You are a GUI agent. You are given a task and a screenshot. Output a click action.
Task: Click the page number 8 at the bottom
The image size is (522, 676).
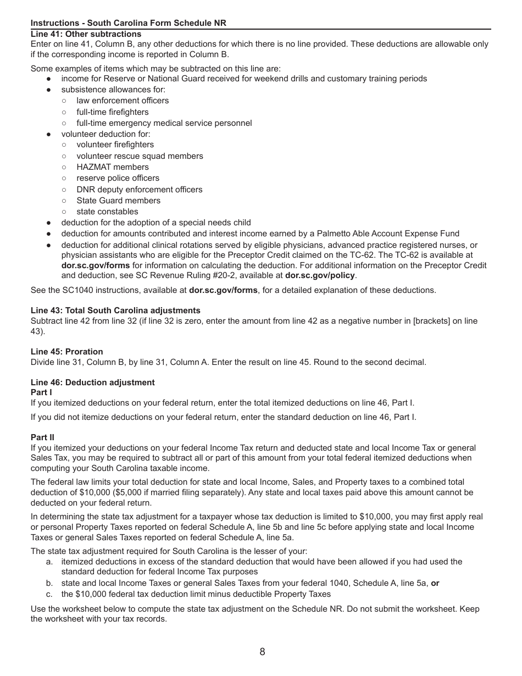click(262, 652)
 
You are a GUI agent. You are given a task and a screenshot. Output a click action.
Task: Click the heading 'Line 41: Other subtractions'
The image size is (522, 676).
click(86, 34)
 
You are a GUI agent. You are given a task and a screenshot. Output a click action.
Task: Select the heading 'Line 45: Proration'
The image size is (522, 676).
click(66, 352)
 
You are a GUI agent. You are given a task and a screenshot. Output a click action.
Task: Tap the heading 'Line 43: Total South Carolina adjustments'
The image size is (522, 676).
click(115, 311)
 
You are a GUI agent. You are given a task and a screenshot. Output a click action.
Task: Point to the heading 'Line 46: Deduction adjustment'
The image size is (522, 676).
click(92, 383)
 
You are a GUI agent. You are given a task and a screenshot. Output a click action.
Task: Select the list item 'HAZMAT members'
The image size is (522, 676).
click(112, 167)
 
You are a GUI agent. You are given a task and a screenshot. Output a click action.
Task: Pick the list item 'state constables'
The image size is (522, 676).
click(107, 212)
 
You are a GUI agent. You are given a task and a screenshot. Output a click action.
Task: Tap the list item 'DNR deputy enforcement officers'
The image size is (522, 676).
click(139, 190)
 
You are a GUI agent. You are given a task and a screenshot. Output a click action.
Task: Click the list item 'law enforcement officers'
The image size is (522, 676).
click(123, 101)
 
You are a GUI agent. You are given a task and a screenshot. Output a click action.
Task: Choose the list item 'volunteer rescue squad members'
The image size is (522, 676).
click(140, 156)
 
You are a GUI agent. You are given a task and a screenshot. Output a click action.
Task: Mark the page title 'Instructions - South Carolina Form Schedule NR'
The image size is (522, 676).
click(128, 23)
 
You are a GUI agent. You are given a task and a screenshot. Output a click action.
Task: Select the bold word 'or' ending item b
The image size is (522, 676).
click(435, 583)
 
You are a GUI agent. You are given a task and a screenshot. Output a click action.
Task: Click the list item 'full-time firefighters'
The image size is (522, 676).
click(112, 112)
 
